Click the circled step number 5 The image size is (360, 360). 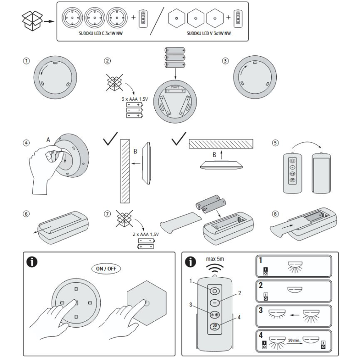275,143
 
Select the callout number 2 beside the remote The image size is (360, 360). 239,292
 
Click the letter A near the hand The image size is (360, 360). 48,140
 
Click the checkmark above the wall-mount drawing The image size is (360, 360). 111,140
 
